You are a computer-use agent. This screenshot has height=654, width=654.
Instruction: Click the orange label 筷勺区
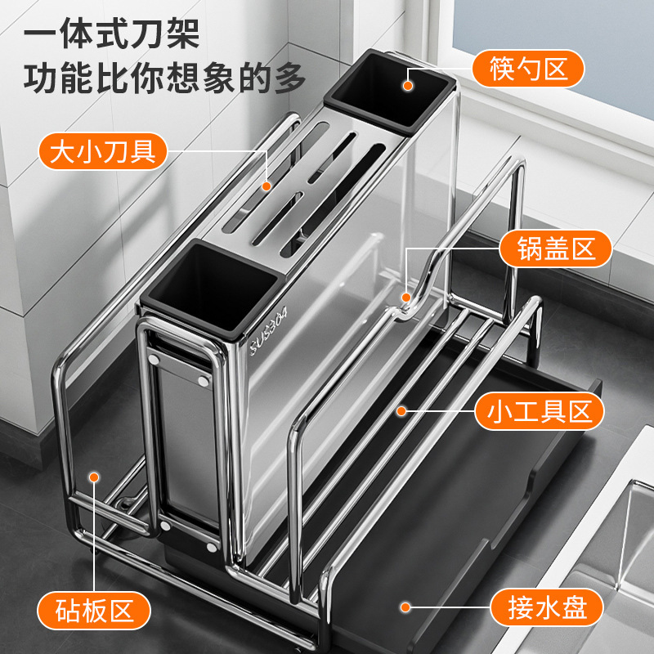pos(528,68)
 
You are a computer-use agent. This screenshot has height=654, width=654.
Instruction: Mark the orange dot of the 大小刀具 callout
pos(267,186)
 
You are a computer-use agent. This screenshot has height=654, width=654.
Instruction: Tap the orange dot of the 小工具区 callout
pos(401,410)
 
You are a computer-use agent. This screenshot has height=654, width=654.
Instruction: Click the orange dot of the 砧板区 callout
pos(95,476)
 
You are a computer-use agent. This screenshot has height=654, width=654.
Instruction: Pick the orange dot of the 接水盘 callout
pos(405,608)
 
